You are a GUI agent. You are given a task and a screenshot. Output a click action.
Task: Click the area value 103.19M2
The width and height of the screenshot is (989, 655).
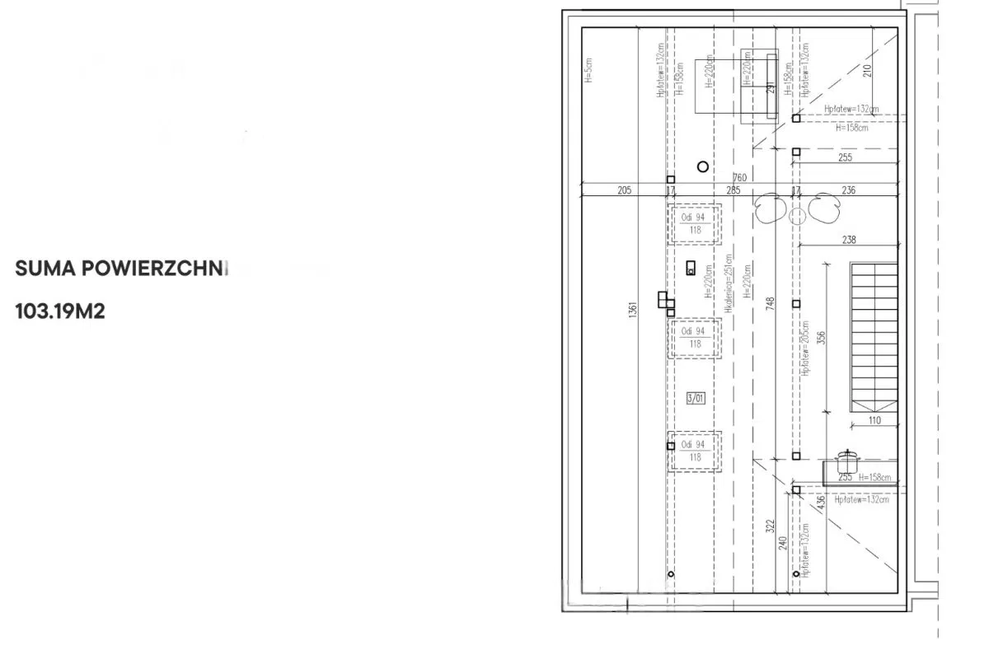(x=60, y=312)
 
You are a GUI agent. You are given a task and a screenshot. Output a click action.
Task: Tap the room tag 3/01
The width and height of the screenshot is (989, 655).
(x=696, y=399)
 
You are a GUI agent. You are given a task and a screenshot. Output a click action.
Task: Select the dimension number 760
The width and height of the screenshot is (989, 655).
(x=739, y=178)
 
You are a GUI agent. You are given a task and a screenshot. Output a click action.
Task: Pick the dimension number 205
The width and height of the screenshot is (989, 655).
(x=624, y=190)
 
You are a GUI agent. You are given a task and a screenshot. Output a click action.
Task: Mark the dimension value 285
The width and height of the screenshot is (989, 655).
(x=733, y=190)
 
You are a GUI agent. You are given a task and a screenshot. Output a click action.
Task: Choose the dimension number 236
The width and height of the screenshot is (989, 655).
(x=848, y=190)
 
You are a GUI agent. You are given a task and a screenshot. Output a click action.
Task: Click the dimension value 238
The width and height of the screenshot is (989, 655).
(x=850, y=240)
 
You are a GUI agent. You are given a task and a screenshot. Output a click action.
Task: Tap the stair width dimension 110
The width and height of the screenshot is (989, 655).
(x=874, y=421)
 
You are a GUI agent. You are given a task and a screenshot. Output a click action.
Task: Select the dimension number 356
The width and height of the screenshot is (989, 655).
(x=821, y=338)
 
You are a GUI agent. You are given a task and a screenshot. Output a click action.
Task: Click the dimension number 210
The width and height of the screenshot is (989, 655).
(x=866, y=71)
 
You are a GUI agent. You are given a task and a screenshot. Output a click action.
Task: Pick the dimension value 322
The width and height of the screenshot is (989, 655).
(x=770, y=526)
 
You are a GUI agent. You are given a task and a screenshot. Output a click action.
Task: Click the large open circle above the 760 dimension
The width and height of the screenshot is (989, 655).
(x=702, y=166)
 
